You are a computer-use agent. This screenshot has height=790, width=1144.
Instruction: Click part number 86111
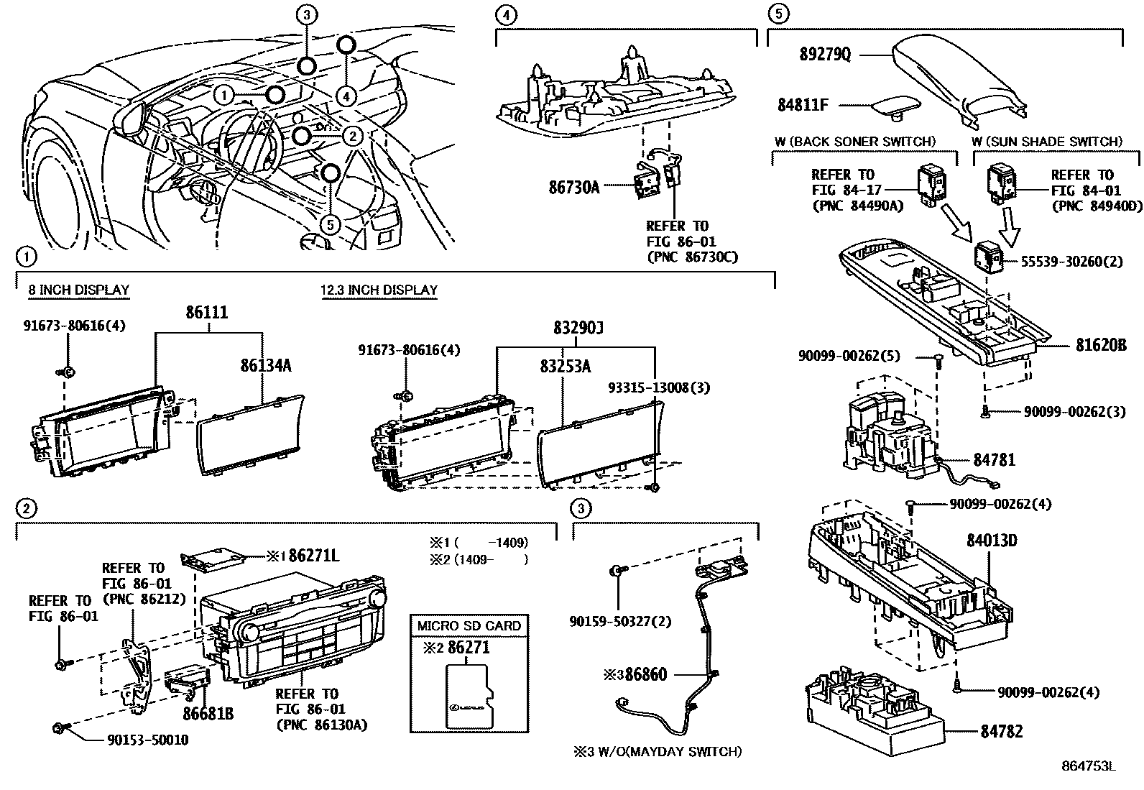pyautogui.click(x=207, y=313)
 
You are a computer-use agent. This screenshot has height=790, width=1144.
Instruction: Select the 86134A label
pyautogui.click(x=265, y=365)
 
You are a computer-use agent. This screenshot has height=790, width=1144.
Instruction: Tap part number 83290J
pyautogui.click(x=578, y=329)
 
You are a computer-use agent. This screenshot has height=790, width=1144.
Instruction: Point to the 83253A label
pyautogui.click(x=565, y=366)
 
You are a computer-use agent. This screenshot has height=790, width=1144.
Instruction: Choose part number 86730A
pyautogui.click(x=573, y=188)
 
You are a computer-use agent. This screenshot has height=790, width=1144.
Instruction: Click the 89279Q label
pyautogui.click(x=825, y=55)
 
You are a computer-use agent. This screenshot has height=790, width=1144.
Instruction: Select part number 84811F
pyautogui.click(x=803, y=105)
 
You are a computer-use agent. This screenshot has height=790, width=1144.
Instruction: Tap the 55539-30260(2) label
pyautogui.click(x=1071, y=262)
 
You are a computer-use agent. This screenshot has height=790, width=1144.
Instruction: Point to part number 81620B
pyautogui.click(x=1101, y=345)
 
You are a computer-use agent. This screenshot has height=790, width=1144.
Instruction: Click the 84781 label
pyautogui.click(x=994, y=459)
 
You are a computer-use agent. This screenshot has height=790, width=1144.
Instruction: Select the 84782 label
pyautogui.click(x=1001, y=731)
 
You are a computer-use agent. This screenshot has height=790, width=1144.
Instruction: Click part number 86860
pyautogui.click(x=646, y=674)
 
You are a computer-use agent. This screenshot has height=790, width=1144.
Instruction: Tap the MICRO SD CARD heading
pyautogui.click(x=469, y=625)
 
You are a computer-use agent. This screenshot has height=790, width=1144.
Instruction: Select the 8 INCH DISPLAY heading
pyautogui.click(x=78, y=290)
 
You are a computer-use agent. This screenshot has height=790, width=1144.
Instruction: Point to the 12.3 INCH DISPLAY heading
pyautogui.click(x=379, y=290)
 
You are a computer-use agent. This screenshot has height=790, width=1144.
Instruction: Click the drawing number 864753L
pyautogui.click(x=1089, y=766)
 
